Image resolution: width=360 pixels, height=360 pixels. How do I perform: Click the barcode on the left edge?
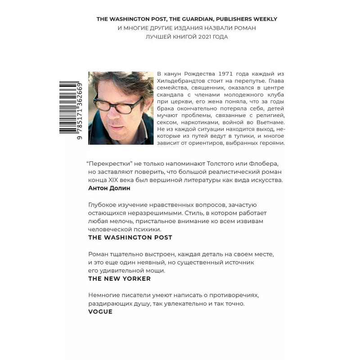(71, 108)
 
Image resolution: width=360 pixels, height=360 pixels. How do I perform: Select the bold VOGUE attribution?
(100, 311)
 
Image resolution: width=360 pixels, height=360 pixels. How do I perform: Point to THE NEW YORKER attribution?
(119, 279)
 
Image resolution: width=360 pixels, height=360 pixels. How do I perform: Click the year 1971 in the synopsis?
(226, 73)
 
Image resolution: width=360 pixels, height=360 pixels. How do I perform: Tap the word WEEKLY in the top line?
(263, 19)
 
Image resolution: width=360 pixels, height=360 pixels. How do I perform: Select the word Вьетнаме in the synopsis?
(270, 122)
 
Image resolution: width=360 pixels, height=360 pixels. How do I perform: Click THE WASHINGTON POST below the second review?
(130, 237)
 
